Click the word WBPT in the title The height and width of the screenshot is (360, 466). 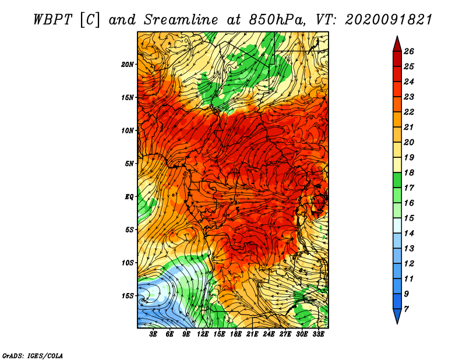click(x=52, y=20)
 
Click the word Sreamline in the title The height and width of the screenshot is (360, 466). click(x=181, y=20)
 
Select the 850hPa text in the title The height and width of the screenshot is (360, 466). click(x=277, y=20)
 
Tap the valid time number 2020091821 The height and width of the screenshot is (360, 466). click(x=389, y=20)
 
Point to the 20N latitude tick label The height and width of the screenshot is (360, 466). click(x=128, y=65)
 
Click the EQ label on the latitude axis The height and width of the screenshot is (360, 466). click(x=129, y=197)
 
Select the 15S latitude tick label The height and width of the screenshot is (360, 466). click(x=128, y=296)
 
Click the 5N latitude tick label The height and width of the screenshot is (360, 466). click(x=129, y=164)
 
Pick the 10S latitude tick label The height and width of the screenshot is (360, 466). click(x=128, y=263)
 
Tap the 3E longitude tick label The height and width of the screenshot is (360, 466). click(x=153, y=334)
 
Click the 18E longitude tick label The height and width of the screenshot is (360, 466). click(x=236, y=334)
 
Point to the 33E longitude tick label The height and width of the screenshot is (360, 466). click(x=318, y=334)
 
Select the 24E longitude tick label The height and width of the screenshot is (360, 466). click(x=269, y=334)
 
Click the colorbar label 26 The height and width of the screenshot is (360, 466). click(x=409, y=51)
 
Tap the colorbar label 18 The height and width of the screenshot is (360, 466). click(x=409, y=172)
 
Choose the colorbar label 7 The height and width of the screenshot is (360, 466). click(x=406, y=309)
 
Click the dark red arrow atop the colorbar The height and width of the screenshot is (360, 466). click(x=397, y=44)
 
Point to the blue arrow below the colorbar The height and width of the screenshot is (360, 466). click(x=397, y=316)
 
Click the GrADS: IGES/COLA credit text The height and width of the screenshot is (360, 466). click(x=33, y=355)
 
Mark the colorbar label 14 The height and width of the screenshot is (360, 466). click(x=409, y=234)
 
